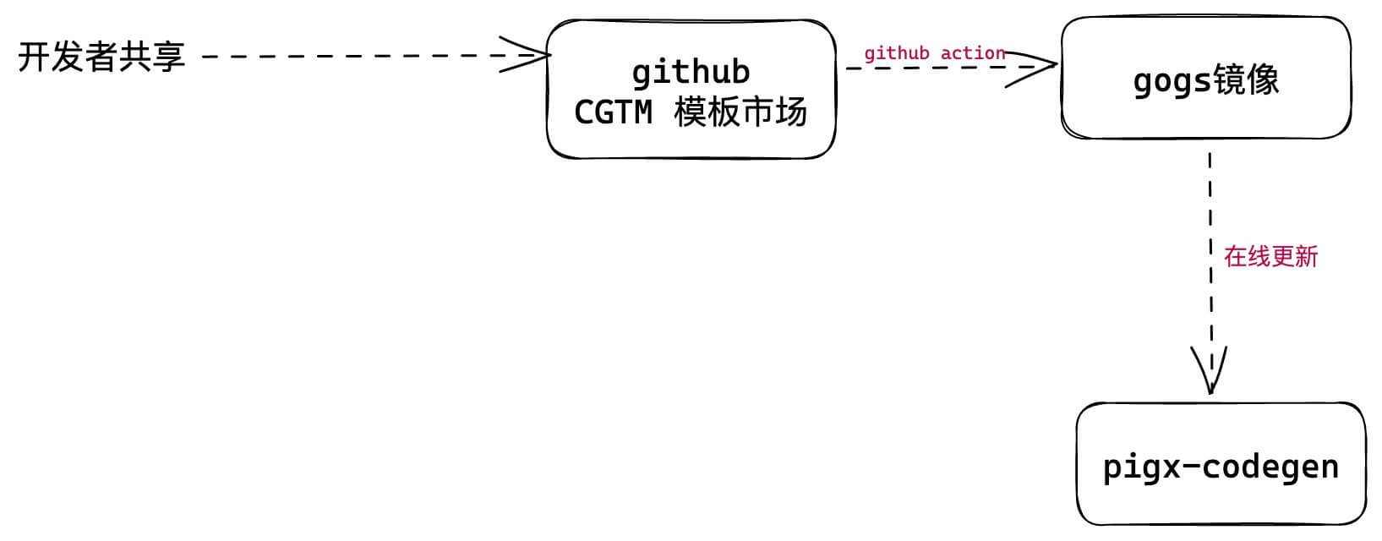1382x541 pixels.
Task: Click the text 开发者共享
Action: tap(101, 57)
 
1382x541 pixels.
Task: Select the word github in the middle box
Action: tap(691, 72)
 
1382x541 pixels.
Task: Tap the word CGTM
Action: tap(613, 112)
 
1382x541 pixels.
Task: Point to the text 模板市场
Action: tap(741, 112)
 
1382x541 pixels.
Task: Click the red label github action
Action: tap(934, 53)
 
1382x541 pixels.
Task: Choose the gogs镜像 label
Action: tap(1205, 81)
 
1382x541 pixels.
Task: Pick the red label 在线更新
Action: tap(1270, 256)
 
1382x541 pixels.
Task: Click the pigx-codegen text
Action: tap(1221, 467)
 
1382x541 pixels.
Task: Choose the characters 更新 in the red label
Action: tap(1294, 256)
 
